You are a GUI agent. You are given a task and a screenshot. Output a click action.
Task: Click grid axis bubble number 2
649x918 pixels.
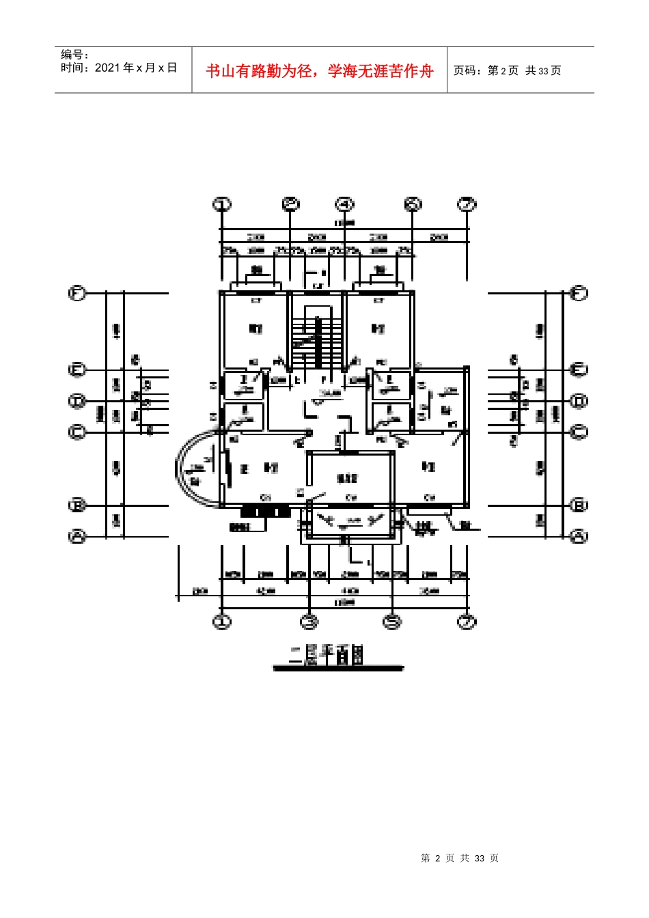click(292, 204)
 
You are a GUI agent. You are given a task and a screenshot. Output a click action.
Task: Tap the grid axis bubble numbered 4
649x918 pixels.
click(345, 204)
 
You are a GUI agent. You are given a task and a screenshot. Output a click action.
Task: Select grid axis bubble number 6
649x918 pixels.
click(413, 204)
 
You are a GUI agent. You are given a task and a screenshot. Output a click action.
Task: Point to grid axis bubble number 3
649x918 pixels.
click(310, 622)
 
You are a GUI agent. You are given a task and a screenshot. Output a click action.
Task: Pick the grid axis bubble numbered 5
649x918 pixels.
click(392, 622)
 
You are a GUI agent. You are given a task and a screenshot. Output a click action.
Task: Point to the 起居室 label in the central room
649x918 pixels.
click(347, 479)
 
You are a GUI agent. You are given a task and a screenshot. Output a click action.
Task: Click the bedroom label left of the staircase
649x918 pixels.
click(256, 329)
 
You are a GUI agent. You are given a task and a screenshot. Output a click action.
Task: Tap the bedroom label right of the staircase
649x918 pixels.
click(378, 329)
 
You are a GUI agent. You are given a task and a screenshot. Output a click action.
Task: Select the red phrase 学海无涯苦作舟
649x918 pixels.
click(381, 71)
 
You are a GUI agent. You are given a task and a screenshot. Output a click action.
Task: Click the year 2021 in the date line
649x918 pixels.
click(107, 68)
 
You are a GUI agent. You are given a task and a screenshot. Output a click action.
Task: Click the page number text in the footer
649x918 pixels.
click(460, 858)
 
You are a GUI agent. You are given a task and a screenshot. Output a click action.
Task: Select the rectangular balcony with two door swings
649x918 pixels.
click(351, 523)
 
